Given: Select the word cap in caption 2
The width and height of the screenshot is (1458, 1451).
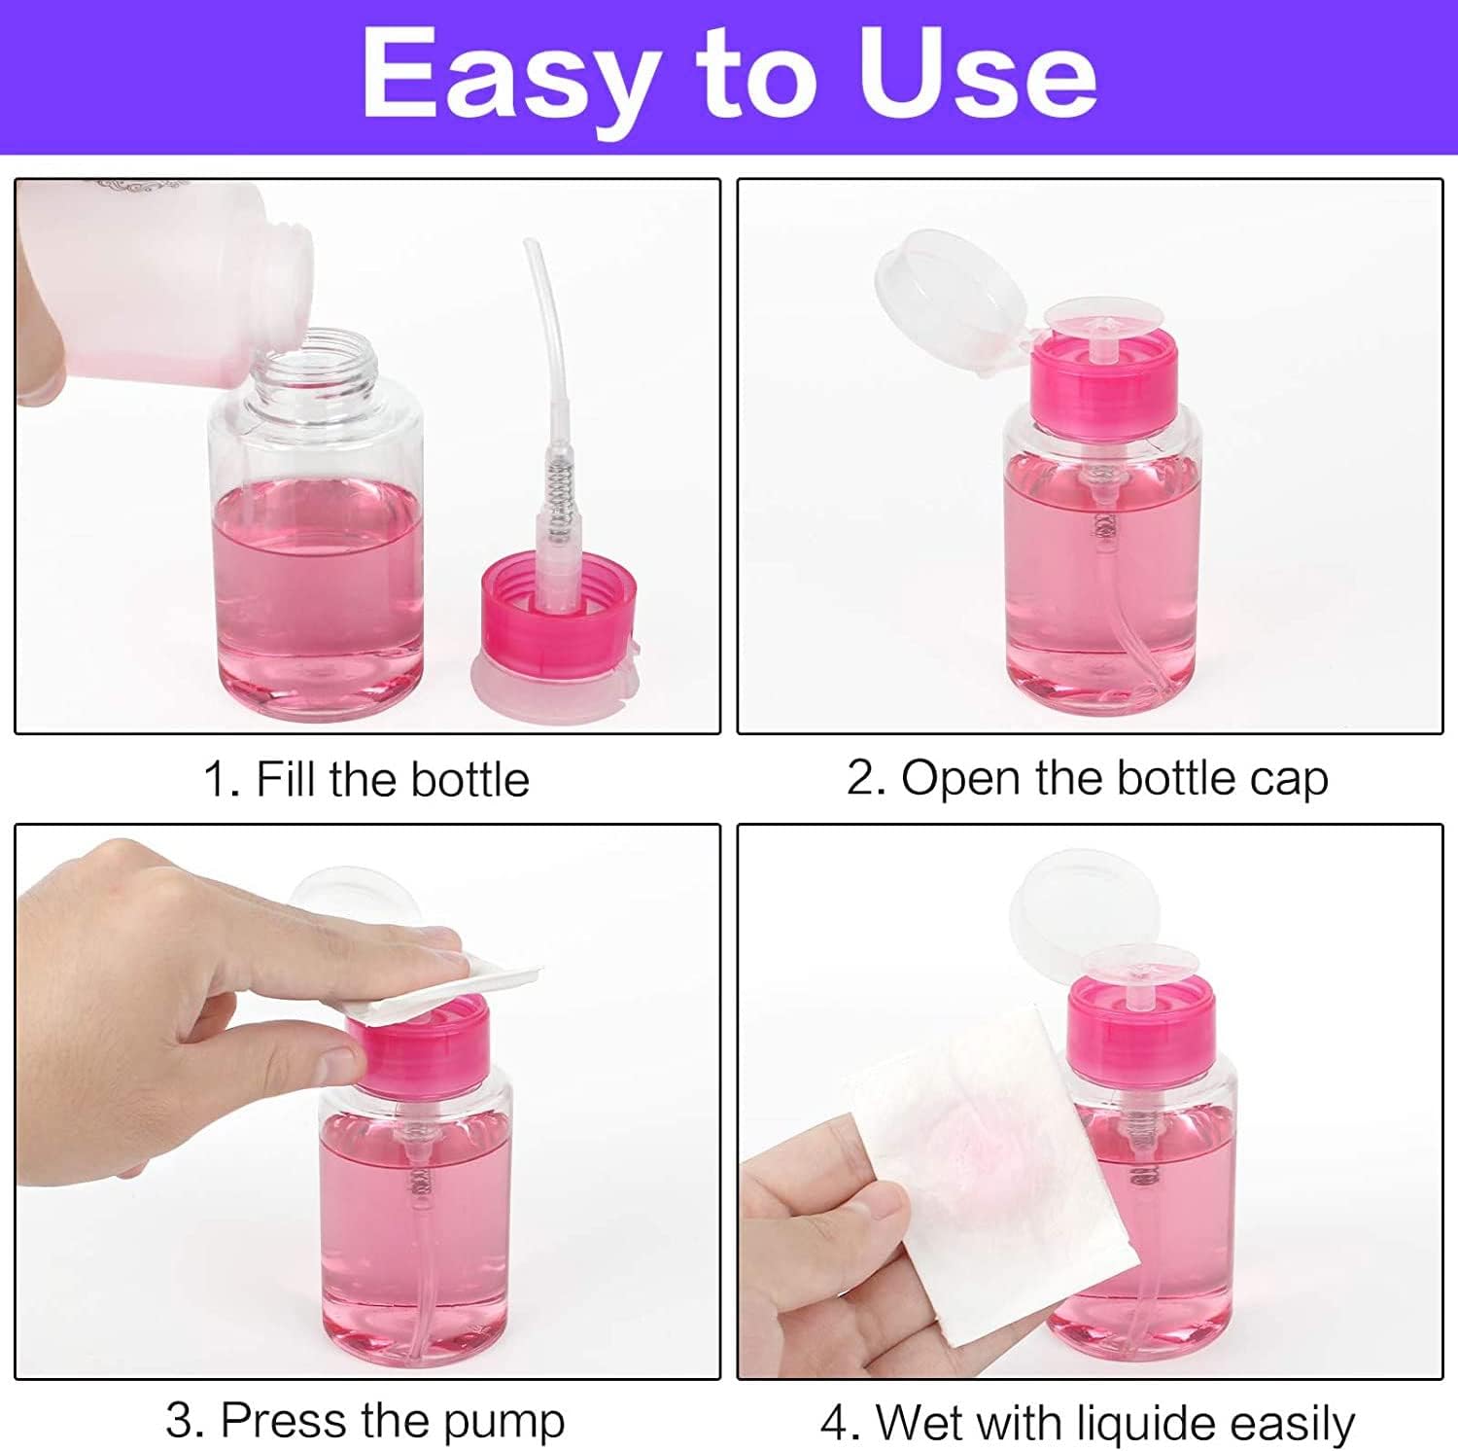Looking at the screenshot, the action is (1288, 780).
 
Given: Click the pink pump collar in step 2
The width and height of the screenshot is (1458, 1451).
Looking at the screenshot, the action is (1103, 374).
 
